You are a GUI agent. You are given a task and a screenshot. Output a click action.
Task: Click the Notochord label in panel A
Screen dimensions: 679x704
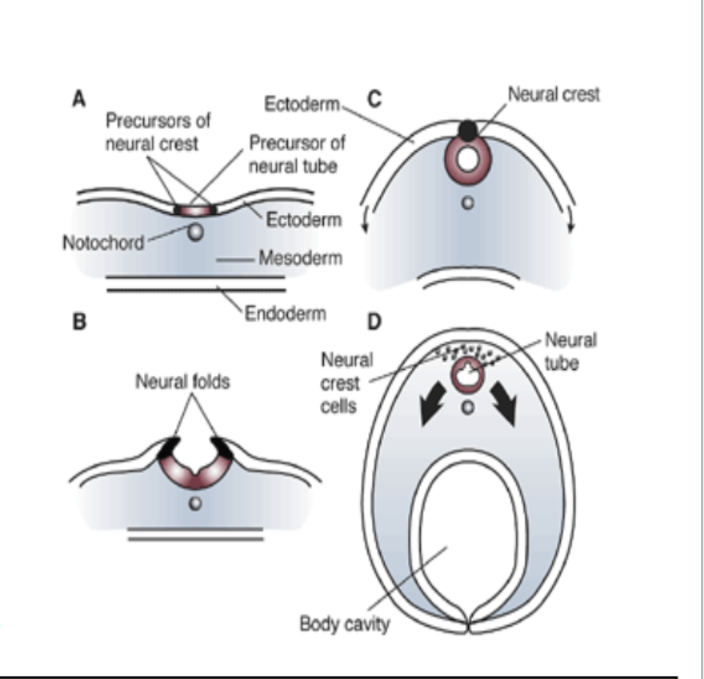[x=103, y=242]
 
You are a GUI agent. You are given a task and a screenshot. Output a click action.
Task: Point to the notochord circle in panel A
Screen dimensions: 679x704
[x=196, y=232]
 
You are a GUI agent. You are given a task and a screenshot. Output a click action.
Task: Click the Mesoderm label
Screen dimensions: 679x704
[x=300, y=259]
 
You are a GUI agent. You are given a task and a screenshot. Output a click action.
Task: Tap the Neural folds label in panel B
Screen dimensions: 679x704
[x=183, y=383]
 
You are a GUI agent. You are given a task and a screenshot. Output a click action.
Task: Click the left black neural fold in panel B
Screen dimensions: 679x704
[x=169, y=449]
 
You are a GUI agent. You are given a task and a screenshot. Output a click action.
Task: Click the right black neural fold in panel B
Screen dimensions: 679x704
[x=220, y=448]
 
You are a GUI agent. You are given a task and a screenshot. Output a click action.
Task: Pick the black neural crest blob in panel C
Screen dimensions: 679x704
[x=466, y=130]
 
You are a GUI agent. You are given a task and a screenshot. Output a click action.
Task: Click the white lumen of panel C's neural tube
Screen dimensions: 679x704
[x=467, y=160]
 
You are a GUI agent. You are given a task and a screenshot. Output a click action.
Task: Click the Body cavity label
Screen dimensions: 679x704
[x=344, y=624]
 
